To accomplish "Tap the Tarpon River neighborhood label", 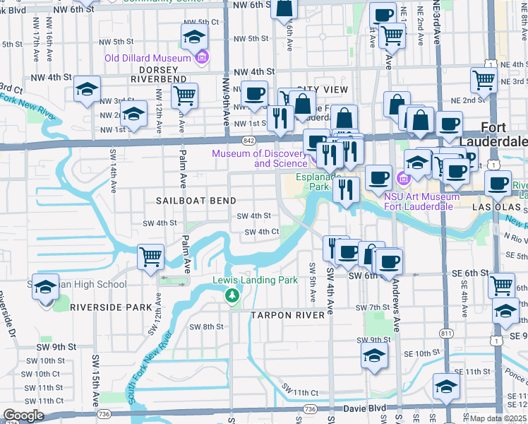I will pos(290,314).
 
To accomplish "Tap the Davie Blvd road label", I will pos(366,408).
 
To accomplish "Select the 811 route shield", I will pos(445,332).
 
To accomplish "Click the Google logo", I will pos(23,416).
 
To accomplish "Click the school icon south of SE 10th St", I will pos(446,386).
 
